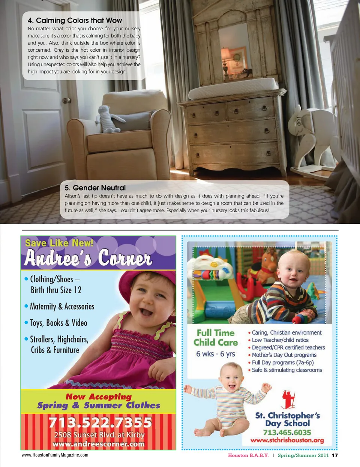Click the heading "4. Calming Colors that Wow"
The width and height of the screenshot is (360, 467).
click(75, 21)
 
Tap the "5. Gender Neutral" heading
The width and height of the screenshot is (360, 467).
click(95, 188)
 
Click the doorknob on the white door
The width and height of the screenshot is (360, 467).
click(66, 100)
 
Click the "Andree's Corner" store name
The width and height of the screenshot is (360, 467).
click(88, 258)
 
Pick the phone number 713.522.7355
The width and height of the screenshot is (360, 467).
click(100, 422)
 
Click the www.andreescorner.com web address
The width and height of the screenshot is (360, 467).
click(99, 444)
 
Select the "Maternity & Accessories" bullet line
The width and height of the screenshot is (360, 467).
click(62, 307)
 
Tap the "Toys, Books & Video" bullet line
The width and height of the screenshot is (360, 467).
click(58, 323)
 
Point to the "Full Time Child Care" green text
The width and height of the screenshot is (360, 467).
click(216, 338)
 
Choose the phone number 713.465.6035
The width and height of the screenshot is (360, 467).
click(287, 432)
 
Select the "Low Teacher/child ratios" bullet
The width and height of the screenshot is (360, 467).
click(280, 340)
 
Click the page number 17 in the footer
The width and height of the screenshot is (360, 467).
click(335, 455)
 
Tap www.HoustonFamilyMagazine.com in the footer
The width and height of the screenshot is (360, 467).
click(55, 455)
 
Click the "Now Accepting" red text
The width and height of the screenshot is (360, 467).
click(99, 397)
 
